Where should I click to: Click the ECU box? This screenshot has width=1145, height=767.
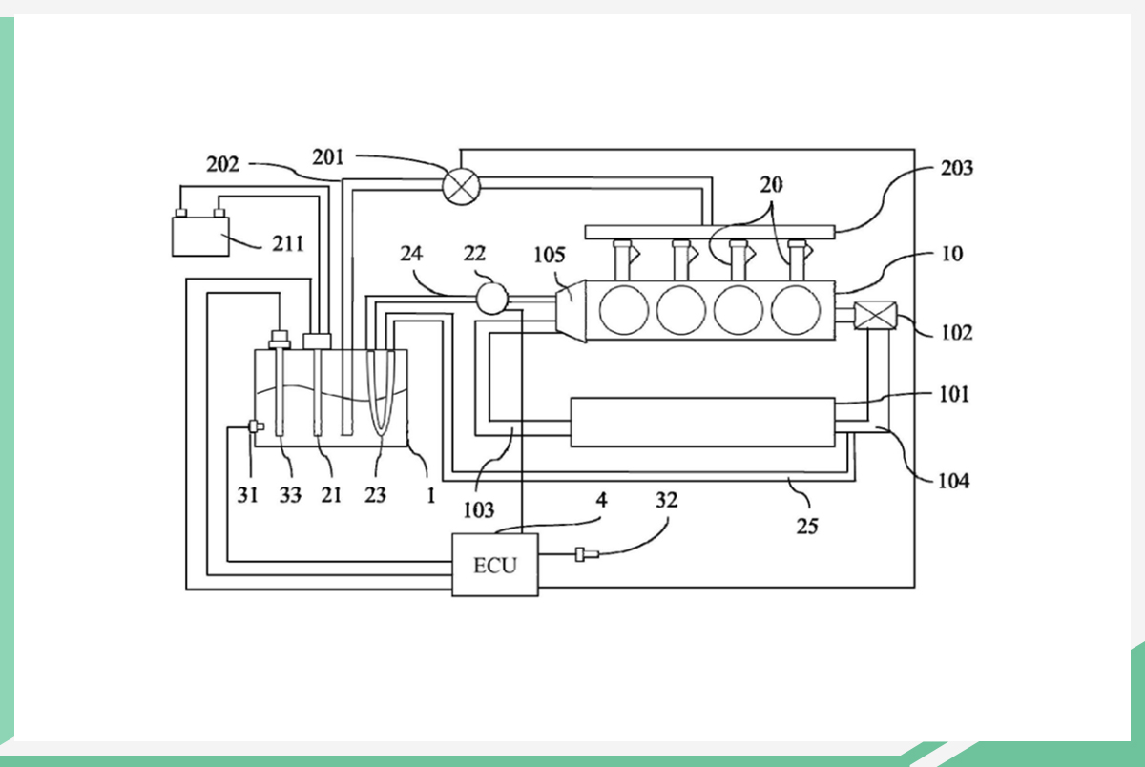[x=494, y=565]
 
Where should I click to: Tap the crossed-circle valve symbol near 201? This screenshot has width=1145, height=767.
[x=462, y=183]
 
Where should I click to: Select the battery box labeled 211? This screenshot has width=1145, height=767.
[x=200, y=236]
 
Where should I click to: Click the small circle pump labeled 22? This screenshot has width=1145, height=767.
[x=491, y=299]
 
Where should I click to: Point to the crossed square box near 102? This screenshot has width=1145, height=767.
[x=871, y=316]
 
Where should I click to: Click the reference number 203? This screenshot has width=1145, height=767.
[x=956, y=169]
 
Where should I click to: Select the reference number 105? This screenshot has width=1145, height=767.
[x=550, y=256]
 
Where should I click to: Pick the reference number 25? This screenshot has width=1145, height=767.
[x=807, y=525]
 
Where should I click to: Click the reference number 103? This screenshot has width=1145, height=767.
[x=478, y=509]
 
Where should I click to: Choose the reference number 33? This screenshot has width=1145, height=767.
[x=290, y=496]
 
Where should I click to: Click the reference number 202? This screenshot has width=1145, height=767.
[x=223, y=164]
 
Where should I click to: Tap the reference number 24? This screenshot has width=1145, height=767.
[x=412, y=255]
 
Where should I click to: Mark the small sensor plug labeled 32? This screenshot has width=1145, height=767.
[x=583, y=554]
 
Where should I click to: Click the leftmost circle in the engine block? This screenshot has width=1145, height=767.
[x=625, y=309]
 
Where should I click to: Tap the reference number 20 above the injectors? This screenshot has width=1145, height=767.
[x=771, y=183]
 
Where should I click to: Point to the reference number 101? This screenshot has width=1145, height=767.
[x=952, y=393]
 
